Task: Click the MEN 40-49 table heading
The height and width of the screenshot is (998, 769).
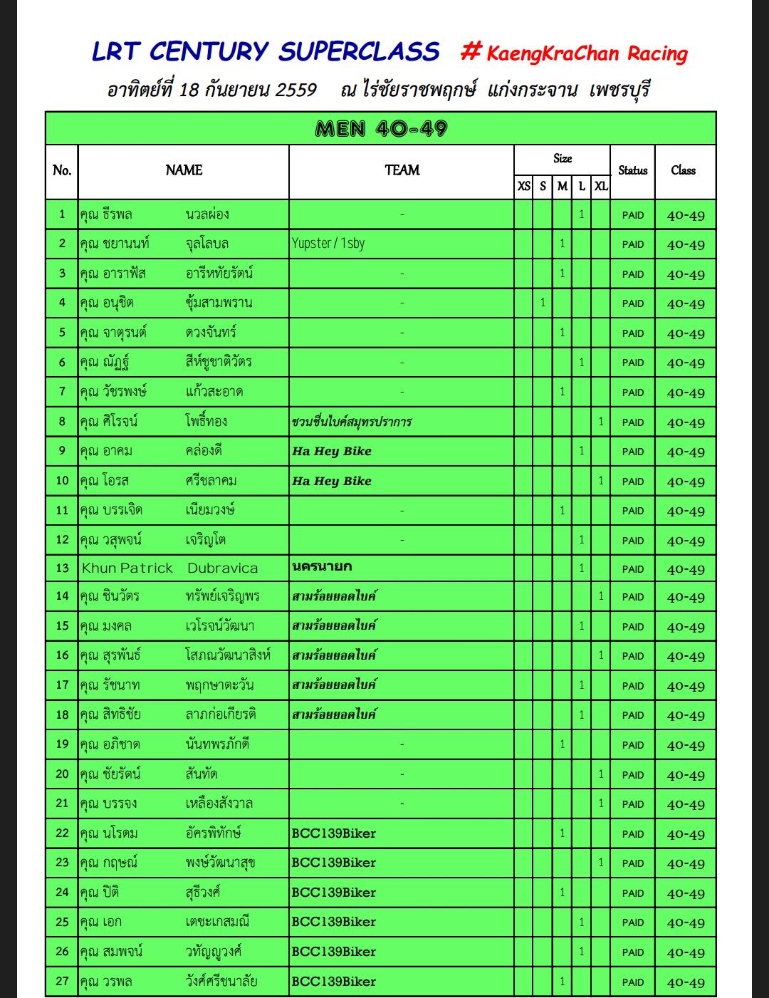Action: (381, 129)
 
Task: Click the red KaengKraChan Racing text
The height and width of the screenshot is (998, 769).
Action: (587, 53)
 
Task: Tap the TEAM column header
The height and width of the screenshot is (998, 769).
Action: (402, 170)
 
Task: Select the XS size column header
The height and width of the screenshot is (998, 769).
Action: (523, 186)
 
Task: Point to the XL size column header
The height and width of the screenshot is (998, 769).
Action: (601, 186)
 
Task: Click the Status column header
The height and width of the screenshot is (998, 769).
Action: (632, 170)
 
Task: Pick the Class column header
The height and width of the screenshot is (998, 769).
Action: (684, 170)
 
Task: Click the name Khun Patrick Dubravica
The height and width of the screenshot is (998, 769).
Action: (169, 568)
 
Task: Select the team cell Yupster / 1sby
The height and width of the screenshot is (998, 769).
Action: (328, 244)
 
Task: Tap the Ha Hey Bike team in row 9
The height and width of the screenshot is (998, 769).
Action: (332, 451)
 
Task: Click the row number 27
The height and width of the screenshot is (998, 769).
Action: (62, 982)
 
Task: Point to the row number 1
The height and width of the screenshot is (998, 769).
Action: (62, 214)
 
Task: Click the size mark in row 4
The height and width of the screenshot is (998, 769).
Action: (543, 303)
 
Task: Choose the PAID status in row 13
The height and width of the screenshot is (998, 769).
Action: (632, 569)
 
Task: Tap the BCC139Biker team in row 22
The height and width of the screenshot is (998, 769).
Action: (333, 833)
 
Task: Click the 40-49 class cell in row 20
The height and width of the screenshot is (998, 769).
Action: (686, 775)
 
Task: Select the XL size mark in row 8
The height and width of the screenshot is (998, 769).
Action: (601, 422)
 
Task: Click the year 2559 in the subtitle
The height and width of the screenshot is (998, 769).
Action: (295, 90)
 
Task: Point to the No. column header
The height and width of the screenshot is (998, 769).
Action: (62, 170)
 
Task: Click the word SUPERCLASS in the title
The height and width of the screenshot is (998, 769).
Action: (359, 51)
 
